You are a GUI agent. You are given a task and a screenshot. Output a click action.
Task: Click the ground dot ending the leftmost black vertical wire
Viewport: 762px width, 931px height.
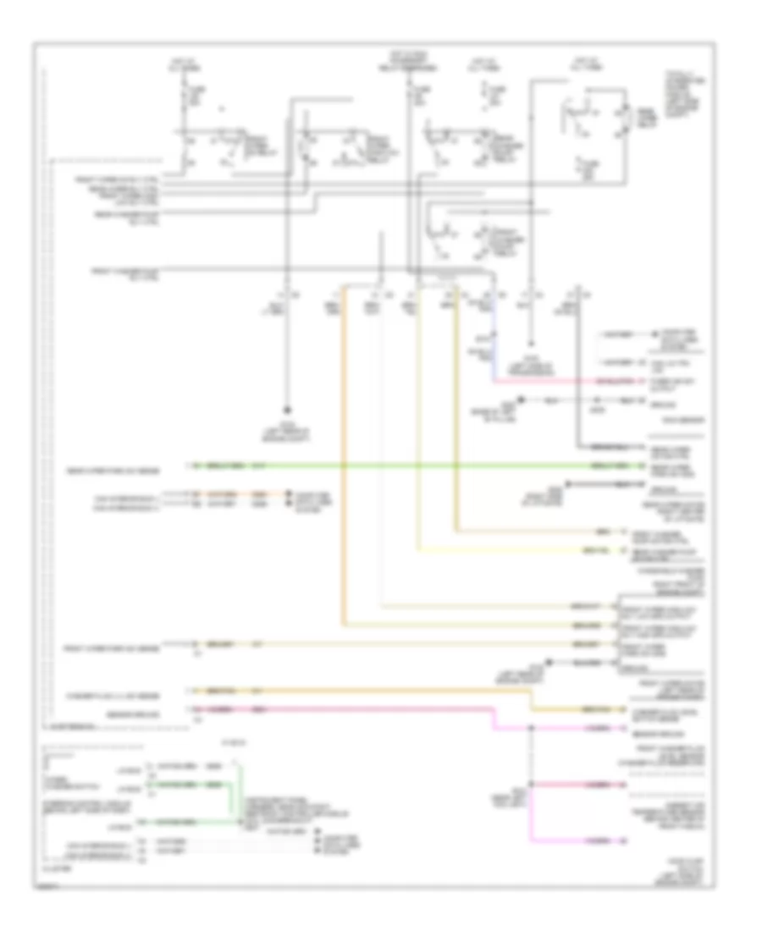coord(286,406)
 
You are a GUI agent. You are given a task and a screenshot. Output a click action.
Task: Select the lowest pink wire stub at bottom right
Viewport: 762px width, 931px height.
coord(576,840)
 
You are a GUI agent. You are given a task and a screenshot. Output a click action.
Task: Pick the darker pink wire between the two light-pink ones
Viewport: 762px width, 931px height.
coord(576,785)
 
